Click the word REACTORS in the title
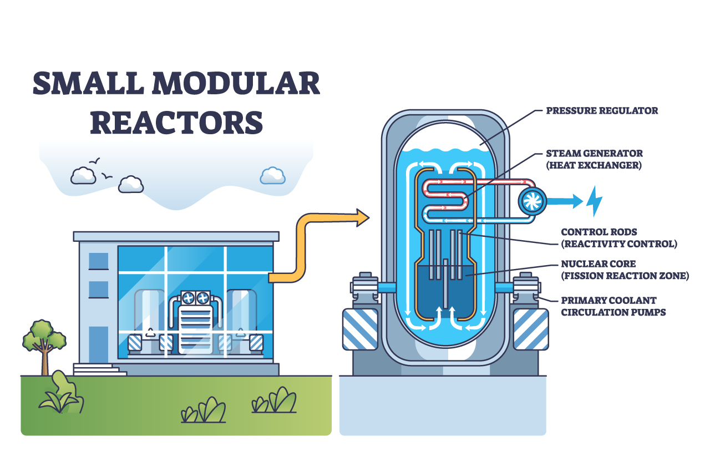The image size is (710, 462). (176, 123)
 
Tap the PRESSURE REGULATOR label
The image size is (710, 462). (602, 111)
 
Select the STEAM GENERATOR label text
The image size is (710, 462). (594, 154)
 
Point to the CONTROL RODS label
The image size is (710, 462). (599, 232)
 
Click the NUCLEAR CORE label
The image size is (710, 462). (598, 264)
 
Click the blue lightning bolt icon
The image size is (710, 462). (594, 201)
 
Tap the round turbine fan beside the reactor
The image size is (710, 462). (532, 201)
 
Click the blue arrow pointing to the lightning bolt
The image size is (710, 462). (565, 201)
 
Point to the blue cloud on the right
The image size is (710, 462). (273, 176)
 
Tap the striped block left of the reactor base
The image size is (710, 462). (360, 329)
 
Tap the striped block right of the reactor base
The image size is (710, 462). (531, 329)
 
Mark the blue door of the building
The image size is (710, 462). (99, 344)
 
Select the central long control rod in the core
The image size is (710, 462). (445, 283)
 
